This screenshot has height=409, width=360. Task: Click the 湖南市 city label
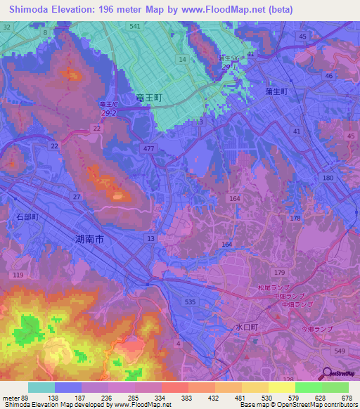[89, 240]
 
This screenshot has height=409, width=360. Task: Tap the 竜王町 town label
[149, 99]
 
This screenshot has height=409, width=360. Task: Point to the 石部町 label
[29, 219]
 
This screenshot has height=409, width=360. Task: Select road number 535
[189, 301]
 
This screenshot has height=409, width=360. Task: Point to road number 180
[328, 178]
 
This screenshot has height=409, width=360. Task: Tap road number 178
[296, 219]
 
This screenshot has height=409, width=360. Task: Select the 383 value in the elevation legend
[167, 397]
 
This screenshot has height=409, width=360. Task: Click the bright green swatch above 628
[308, 387]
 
